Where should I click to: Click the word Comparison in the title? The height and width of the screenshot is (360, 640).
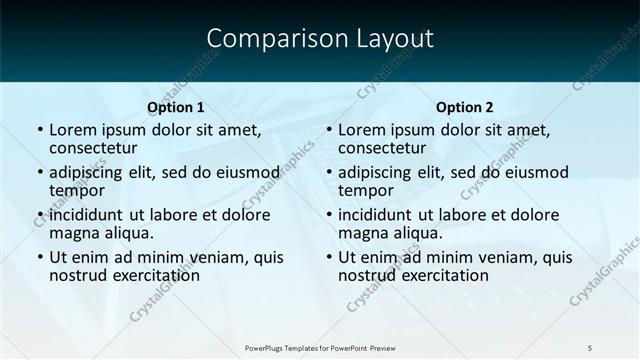(264, 39)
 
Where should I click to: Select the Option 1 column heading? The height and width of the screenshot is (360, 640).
(176, 107)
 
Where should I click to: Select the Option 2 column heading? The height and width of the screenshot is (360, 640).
(465, 107)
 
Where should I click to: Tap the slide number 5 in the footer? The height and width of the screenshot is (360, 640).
(590, 346)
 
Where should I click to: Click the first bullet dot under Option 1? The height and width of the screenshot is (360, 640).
(39, 130)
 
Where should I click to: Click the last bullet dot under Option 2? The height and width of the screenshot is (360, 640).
(328, 257)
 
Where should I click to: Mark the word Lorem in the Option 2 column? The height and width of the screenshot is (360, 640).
(361, 130)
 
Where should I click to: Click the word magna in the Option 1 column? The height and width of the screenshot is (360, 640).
(73, 233)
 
